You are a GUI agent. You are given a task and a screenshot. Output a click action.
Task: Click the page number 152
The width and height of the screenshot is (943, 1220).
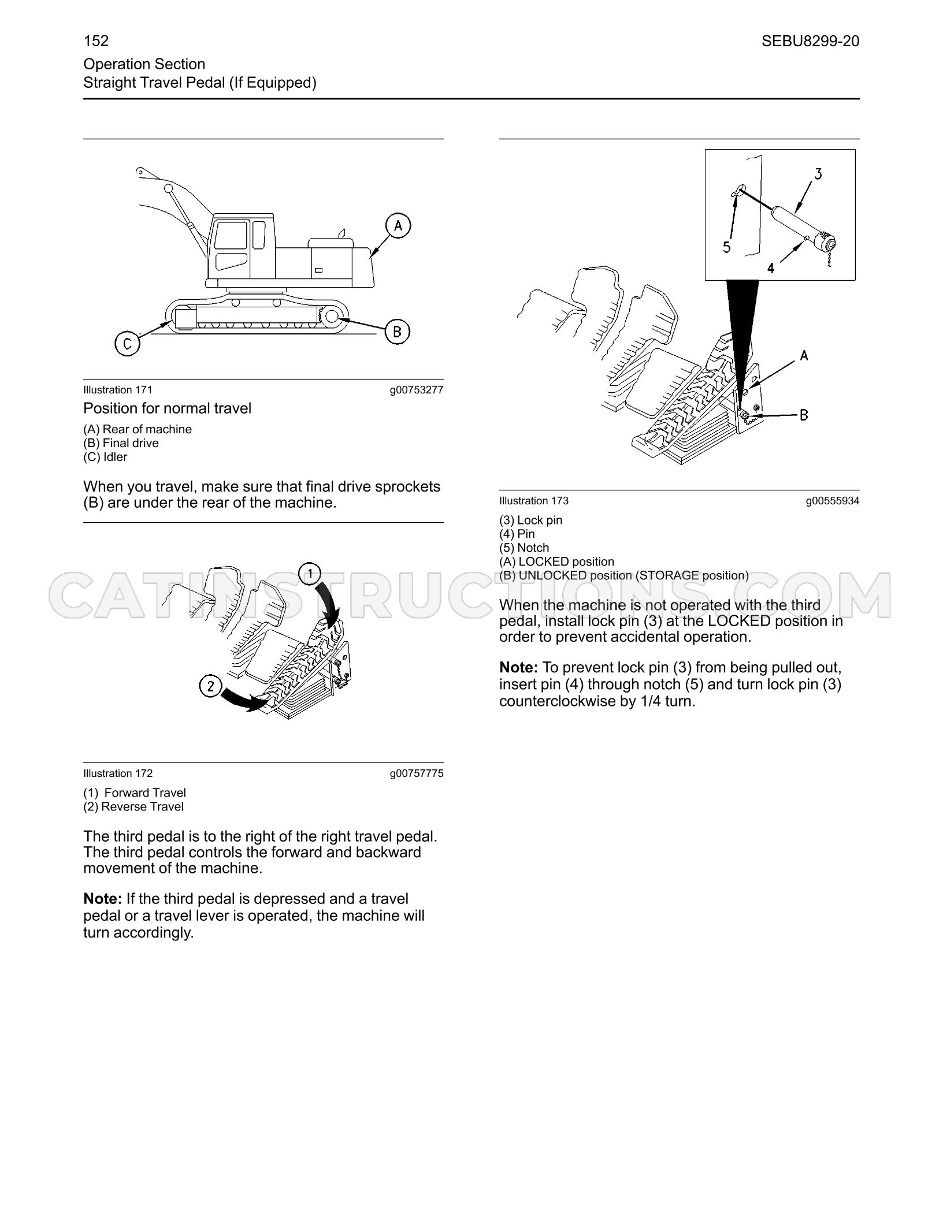(96, 40)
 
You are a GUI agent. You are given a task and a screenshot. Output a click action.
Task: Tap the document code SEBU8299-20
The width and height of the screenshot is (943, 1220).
(810, 41)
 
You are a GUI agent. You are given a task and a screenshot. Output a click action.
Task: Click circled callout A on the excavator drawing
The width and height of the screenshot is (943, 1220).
(398, 225)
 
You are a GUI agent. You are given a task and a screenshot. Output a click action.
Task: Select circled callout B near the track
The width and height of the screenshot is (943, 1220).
(397, 331)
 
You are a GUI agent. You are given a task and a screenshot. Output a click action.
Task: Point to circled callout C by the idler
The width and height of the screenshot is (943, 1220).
(128, 344)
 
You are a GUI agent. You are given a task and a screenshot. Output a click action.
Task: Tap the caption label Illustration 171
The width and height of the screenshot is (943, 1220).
(118, 390)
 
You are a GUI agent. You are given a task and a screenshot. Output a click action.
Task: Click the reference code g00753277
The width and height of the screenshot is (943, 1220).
(417, 390)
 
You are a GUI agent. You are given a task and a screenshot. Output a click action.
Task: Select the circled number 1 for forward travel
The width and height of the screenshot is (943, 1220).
(311, 574)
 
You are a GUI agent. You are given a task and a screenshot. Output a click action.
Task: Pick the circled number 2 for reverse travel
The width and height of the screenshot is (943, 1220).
(211, 686)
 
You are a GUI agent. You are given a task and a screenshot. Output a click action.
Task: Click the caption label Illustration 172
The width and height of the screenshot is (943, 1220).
(118, 773)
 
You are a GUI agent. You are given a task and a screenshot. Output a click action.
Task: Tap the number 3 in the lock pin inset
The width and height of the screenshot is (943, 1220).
(818, 173)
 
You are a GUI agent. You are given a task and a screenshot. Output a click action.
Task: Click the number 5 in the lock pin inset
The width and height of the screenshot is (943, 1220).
(727, 247)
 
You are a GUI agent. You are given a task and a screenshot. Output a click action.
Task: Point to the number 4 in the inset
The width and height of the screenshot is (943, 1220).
(771, 268)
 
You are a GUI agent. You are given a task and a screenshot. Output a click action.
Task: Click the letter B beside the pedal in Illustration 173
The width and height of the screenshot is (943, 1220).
(804, 414)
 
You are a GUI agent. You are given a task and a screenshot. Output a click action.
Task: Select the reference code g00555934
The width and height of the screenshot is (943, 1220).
(833, 501)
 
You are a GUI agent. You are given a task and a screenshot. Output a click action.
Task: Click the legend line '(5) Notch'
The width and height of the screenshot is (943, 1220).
(524, 548)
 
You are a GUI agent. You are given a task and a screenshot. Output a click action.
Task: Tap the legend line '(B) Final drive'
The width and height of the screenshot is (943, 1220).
(121, 443)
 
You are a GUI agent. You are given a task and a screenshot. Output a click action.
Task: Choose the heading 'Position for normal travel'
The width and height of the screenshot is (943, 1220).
(168, 408)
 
